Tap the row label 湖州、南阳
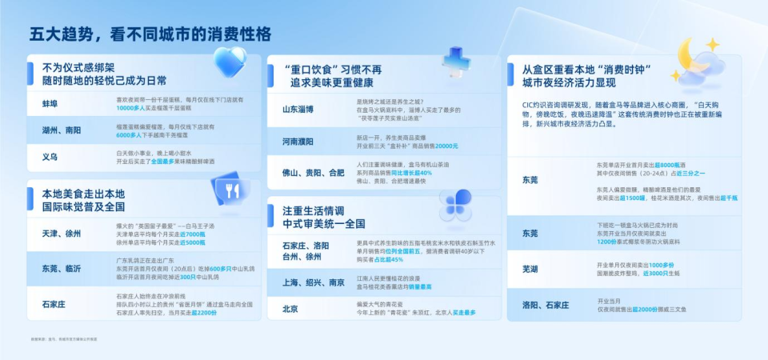[62, 130]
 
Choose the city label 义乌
[50, 157]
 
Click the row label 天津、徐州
[62, 233]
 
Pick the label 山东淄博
[298, 108]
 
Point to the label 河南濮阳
[298, 142]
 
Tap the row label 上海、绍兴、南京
[314, 283]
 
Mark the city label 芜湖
[530, 269]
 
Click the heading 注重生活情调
[318, 210]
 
